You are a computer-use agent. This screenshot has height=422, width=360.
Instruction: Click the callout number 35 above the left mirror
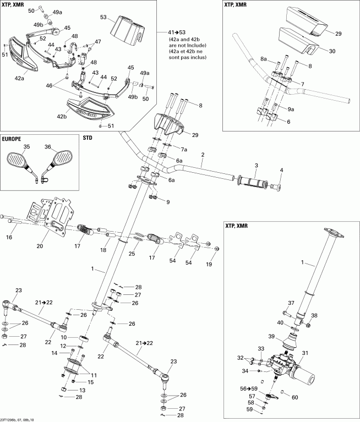click(26, 147)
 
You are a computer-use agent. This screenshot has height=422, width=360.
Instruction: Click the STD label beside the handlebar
click(87, 138)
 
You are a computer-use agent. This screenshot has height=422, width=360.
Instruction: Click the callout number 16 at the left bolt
click(9, 237)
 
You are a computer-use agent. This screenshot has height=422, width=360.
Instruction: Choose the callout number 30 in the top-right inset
click(332, 51)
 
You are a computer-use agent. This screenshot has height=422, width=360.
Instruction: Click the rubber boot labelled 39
click(291, 343)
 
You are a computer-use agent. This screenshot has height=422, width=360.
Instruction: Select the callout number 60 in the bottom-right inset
click(294, 397)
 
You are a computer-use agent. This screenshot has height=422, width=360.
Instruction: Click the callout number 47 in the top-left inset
click(99, 41)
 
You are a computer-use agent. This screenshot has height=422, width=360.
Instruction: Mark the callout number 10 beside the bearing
click(64, 337)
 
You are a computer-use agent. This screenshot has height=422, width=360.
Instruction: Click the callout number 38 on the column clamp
click(315, 316)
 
